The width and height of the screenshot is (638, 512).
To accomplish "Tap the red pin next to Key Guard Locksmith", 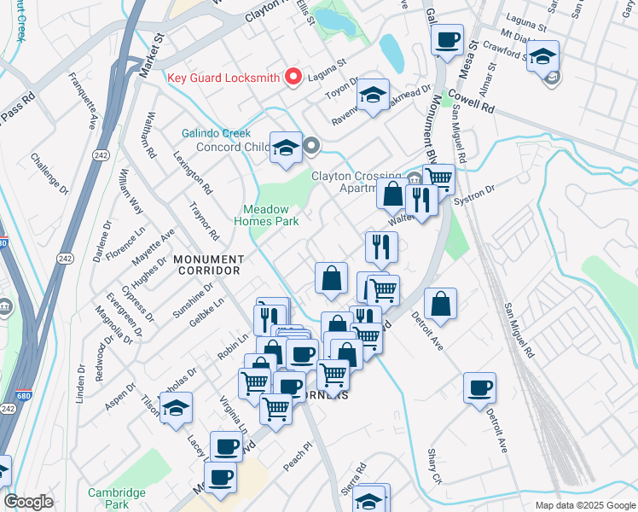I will [x=294, y=77].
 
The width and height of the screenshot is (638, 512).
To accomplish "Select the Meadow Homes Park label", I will [x=278, y=215].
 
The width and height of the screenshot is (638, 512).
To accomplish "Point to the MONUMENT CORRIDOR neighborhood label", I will [x=208, y=264].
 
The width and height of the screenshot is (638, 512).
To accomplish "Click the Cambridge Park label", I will [x=116, y=498].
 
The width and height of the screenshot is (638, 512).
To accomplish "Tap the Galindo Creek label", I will [x=216, y=133].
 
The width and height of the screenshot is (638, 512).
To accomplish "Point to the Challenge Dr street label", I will [x=49, y=172].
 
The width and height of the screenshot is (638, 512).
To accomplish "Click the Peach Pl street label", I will [x=293, y=459].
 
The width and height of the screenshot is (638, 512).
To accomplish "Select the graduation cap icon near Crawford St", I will [x=542, y=56].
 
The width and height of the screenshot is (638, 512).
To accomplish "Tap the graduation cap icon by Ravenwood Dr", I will [x=373, y=95].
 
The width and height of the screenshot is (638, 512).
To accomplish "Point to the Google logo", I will [x=28, y=502].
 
